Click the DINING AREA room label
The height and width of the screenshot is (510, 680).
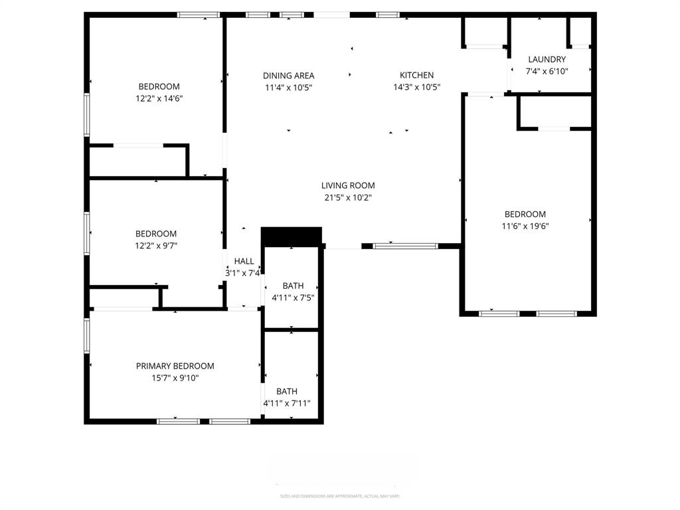(288, 76)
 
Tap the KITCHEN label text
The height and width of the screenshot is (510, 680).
(416, 75)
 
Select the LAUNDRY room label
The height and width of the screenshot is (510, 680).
(547, 59)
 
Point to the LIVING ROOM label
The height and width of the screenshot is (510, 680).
(348, 186)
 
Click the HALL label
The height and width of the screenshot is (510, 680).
(244, 261)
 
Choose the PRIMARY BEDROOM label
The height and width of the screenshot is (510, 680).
(175, 366)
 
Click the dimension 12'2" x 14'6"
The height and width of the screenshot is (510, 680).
(159, 98)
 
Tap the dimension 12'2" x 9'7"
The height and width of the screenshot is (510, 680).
(156, 246)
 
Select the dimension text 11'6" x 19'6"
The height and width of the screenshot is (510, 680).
(525, 226)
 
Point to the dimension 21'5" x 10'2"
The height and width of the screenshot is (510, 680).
(348, 197)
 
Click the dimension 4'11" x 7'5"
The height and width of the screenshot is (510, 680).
(293, 297)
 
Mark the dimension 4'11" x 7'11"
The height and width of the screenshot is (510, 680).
(287, 403)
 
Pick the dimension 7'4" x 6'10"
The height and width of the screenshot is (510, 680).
(547, 71)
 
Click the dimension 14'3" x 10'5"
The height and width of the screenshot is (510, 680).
(416, 87)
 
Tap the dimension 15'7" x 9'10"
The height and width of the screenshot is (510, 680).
(175, 378)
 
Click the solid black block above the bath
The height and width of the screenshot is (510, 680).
(292, 236)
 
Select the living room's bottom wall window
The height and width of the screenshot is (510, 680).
(405, 246)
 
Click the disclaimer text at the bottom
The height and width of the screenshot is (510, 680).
(340, 496)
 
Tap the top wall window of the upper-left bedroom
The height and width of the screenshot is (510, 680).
(198, 15)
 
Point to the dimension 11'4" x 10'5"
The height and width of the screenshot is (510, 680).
(288, 87)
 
